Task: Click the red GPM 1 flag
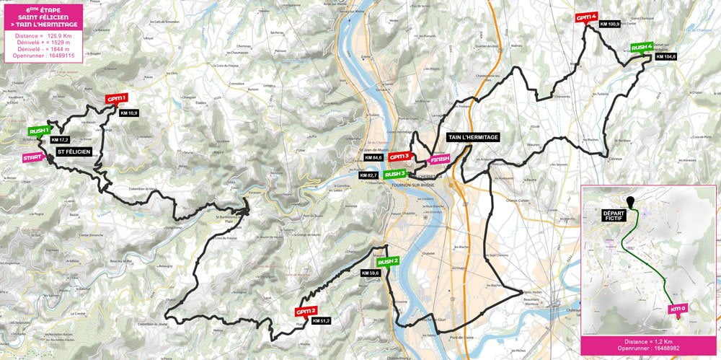pos(117,98)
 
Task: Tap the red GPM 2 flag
pos(306,312)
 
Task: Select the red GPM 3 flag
pos(399,157)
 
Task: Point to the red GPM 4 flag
pos(586,17)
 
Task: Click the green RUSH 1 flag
pos(39,131)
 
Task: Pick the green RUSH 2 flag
pos(388,261)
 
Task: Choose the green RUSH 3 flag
pos(395,174)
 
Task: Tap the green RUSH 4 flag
pos(642,48)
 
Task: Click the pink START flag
pos(32,157)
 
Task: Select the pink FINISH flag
pos(439,159)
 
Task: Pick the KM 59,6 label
pos(371,273)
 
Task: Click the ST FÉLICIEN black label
pos(73,152)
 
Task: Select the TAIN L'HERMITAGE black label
pos(473,137)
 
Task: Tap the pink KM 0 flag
pos(678,309)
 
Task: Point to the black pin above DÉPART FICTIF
pos(632,201)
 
